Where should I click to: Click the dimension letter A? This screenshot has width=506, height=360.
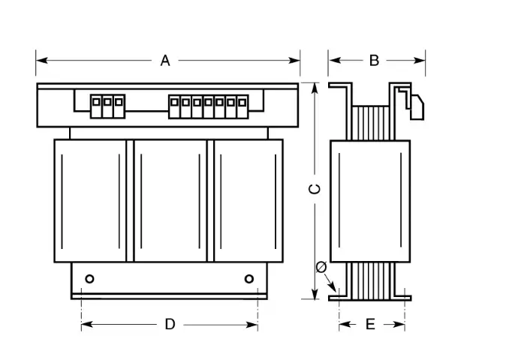tap(165, 61)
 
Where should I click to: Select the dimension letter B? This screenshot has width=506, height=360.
tap(375, 61)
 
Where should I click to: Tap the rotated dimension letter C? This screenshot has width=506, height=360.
tap(315, 189)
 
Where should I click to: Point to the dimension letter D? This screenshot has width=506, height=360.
tap(170, 324)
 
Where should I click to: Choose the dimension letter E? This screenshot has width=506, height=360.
tap(370, 324)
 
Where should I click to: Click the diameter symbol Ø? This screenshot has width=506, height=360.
tap(321, 267)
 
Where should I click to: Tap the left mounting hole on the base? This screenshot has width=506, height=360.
tap(89, 279)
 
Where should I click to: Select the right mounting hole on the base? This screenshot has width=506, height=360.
tap(249, 279)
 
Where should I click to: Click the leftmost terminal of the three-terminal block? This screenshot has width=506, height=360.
tap(96, 106)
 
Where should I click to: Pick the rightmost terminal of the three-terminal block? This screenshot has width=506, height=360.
tap(119, 106)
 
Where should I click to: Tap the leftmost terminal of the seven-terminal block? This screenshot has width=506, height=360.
tap(175, 106)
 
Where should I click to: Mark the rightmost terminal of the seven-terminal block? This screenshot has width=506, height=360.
tap(242, 106)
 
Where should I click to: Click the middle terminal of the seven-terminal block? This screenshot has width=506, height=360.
tap(209, 106)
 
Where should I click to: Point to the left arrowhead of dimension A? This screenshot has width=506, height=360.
tap(42, 60)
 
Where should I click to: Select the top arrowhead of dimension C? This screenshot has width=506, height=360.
tap(315, 88)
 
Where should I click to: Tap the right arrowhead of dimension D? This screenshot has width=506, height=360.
tap(251, 325)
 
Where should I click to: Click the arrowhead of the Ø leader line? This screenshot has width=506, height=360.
tap(333, 287)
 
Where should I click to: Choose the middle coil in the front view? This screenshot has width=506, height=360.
tap(170, 201)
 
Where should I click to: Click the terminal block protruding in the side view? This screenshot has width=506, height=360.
tap(417, 107)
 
